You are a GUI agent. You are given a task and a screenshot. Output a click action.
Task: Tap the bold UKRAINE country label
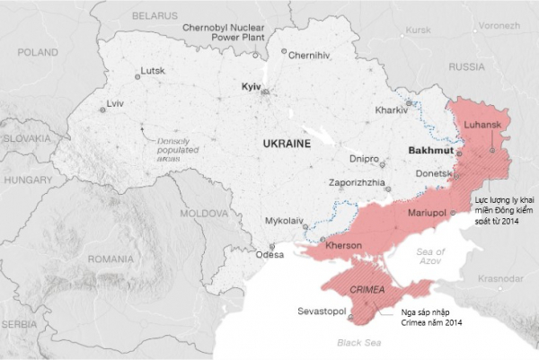click(x=287, y=144)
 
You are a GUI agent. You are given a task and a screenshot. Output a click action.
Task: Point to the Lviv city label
click(x=114, y=104)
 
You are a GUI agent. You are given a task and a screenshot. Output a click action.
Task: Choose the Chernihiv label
click(x=310, y=56)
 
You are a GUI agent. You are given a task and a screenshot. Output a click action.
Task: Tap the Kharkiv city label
click(x=390, y=110)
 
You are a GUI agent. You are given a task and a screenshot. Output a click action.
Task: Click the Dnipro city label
click(x=364, y=159)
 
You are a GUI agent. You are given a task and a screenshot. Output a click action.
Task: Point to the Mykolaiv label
click(x=285, y=220)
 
